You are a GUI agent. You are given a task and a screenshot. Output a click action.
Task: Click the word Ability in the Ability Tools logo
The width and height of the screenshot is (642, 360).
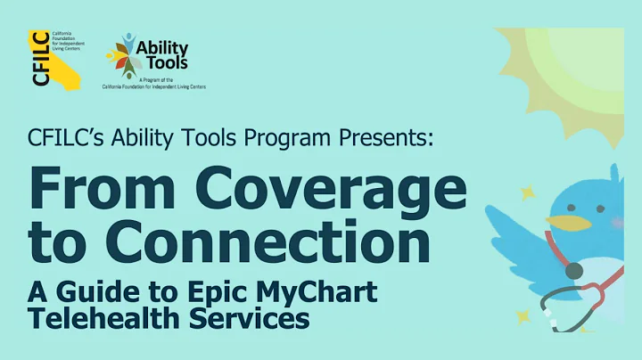(164, 48)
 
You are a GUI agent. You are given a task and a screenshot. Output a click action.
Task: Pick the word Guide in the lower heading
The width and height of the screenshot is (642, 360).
(99, 290)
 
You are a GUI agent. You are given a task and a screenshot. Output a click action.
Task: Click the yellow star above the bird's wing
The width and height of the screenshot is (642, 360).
(529, 192)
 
